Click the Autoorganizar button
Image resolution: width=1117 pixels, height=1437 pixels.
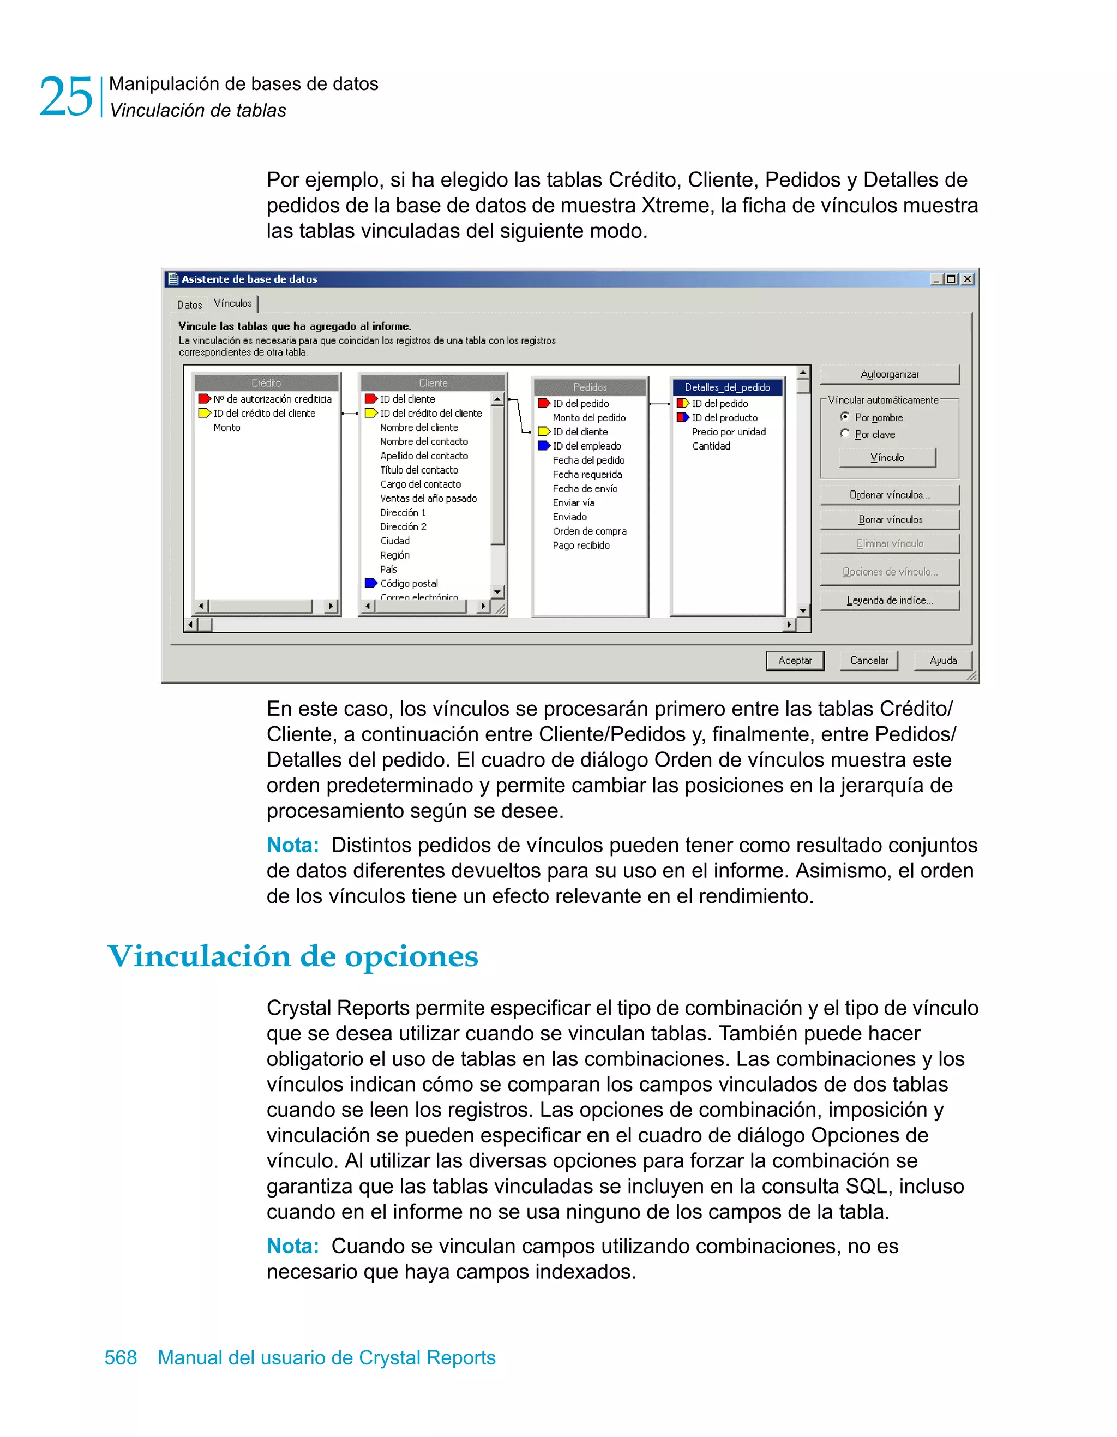point(890,374)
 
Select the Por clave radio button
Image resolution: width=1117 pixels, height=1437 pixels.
point(845,434)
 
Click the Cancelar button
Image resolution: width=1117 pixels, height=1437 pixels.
point(868,661)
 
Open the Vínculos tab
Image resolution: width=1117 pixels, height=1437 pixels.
point(233,303)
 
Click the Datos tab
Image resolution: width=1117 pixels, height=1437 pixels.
point(189,304)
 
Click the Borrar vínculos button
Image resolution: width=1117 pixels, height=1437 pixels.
point(890,520)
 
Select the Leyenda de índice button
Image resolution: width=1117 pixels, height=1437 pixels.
point(890,601)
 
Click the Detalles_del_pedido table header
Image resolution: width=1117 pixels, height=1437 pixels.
point(727,387)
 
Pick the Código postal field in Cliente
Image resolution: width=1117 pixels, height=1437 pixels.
point(409,584)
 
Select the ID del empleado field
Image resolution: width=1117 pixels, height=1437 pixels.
point(586,446)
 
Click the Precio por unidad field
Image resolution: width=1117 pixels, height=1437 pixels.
point(728,432)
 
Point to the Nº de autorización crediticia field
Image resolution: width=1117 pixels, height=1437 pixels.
point(272,399)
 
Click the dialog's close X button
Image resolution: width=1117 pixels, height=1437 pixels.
point(967,279)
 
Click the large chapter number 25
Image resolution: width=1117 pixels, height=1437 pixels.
point(66,97)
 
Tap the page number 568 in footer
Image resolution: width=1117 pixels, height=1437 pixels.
point(121,1357)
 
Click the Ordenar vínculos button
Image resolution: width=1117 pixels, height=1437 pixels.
point(890,495)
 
